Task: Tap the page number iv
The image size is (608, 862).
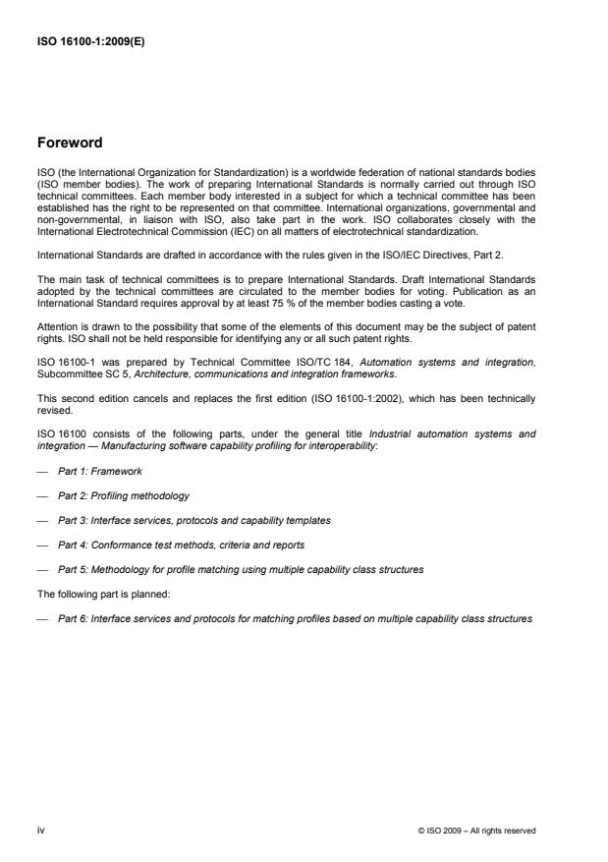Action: click(x=41, y=830)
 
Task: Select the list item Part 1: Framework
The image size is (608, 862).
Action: click(x=99, y=472)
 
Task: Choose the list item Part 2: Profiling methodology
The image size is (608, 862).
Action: click(x=123, y=496)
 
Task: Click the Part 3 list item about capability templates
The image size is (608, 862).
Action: click(x=193, y=521)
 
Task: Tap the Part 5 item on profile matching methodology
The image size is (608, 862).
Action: click(x=240, y=569)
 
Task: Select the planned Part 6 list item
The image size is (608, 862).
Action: click(x=295, y=618)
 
